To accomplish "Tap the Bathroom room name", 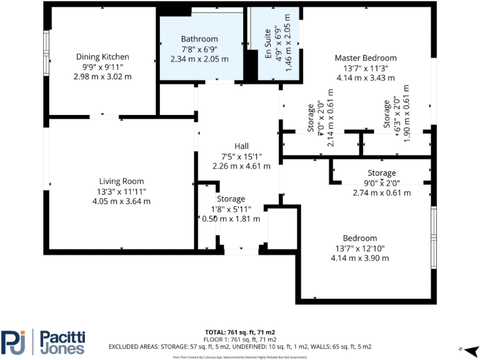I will tap(199, 39).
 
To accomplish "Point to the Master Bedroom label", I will tap(365, 58).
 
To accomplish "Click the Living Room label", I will tap(121, 181).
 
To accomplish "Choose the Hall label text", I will tap(241, 146).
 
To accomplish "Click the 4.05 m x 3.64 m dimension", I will tap(121, 201).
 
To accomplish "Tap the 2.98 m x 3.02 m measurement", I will tap(102, 76).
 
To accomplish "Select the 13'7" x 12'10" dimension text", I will tap(359, 248).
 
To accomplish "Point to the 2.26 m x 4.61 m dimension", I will tap(241, 166).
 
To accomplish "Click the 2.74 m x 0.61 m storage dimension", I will tap(381, 193).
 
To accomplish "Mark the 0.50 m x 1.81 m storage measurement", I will tap(231, 219).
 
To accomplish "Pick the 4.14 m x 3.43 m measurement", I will tap(365, 78).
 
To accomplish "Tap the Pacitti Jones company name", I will tap(62, 342).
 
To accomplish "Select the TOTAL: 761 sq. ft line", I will tap(240, 332).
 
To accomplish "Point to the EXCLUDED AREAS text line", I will tap(240, 346).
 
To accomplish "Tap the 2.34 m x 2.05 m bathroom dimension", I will tap(199, 59).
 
